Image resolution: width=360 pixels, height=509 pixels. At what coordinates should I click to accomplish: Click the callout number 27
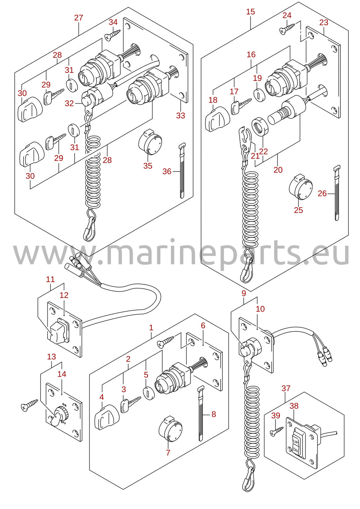[x=79, y=18]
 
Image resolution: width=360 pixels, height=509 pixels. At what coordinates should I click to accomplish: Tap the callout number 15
[x=250, y=12]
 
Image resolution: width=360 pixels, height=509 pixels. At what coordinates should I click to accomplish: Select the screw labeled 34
[x=112, y=35]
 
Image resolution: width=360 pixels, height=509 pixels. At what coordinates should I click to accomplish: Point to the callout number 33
[x=181, y=116]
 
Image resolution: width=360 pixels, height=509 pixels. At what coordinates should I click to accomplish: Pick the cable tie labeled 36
[x=182, y=170]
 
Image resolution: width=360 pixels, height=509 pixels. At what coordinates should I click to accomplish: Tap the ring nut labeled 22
[x=261, y=127]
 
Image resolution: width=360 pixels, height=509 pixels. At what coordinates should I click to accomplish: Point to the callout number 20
[x=278, y=170]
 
